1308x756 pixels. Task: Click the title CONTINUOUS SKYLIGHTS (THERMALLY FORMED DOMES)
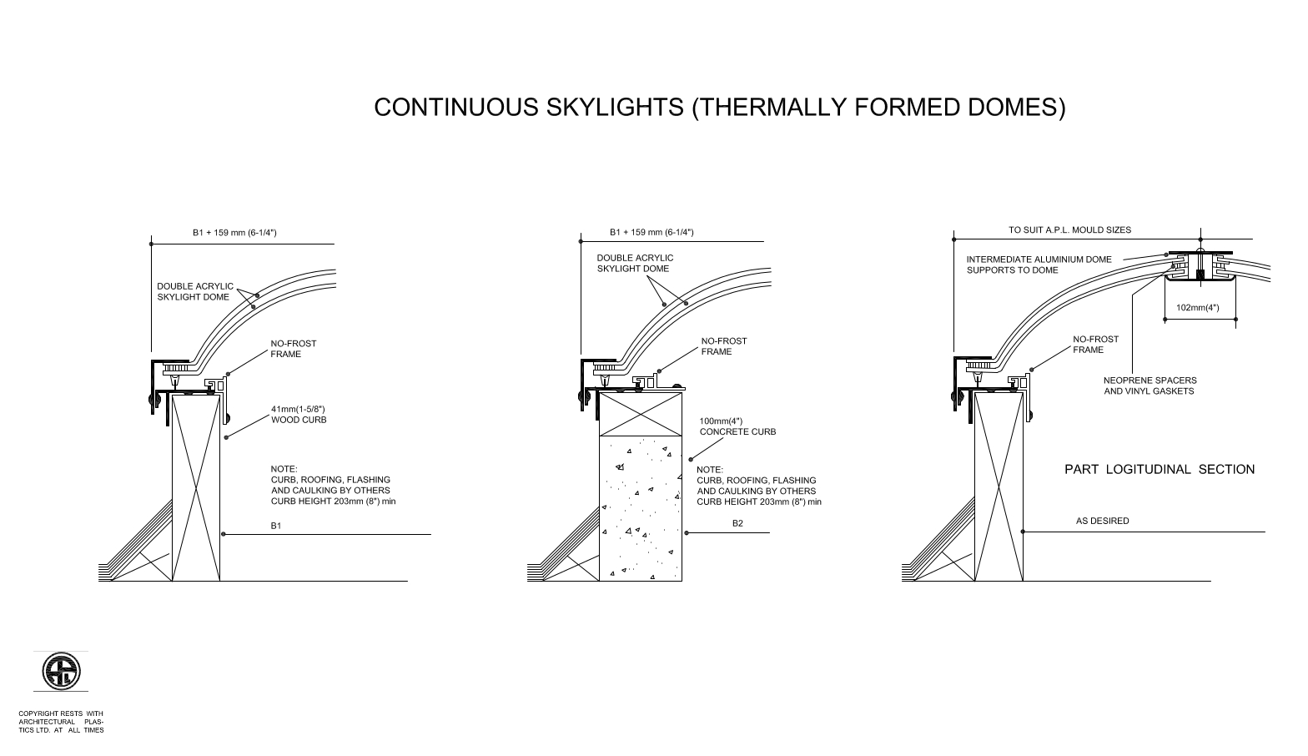[x=719, y=108]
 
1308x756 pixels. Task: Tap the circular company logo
[x=61, y=671]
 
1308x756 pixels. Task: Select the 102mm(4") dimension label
[x=1198, y=308]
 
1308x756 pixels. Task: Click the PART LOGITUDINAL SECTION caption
[x=1160, y=469]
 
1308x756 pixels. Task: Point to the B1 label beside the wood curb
[x=275, y=526]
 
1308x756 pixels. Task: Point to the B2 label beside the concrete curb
[x=737, y=523]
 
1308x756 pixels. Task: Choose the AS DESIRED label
[x=1103, y=521]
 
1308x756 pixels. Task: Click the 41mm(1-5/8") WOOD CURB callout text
[x=299, y=414]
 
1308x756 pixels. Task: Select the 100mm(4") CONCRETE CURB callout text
[x=737, y=426]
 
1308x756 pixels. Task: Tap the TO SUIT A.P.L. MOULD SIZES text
[x=1069, y=230]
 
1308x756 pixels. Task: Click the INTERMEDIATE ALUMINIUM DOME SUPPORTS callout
[x=1039, y=265]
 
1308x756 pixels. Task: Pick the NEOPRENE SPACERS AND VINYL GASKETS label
[x=1150, y=386]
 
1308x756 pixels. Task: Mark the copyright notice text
[x=62, y=722]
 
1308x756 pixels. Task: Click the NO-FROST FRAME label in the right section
[x=1095, y=344]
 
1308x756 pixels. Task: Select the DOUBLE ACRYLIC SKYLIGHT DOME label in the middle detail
[x=635, y=263]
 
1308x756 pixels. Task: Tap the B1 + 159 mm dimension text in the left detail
[x=234, y=233]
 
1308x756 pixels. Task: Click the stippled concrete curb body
[x=641, y=508]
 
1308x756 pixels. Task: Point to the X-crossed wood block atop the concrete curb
[x=641, y=414]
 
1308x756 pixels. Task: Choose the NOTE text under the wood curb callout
[x=333, y=485]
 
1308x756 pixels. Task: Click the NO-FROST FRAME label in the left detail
[x=293, y=349]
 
